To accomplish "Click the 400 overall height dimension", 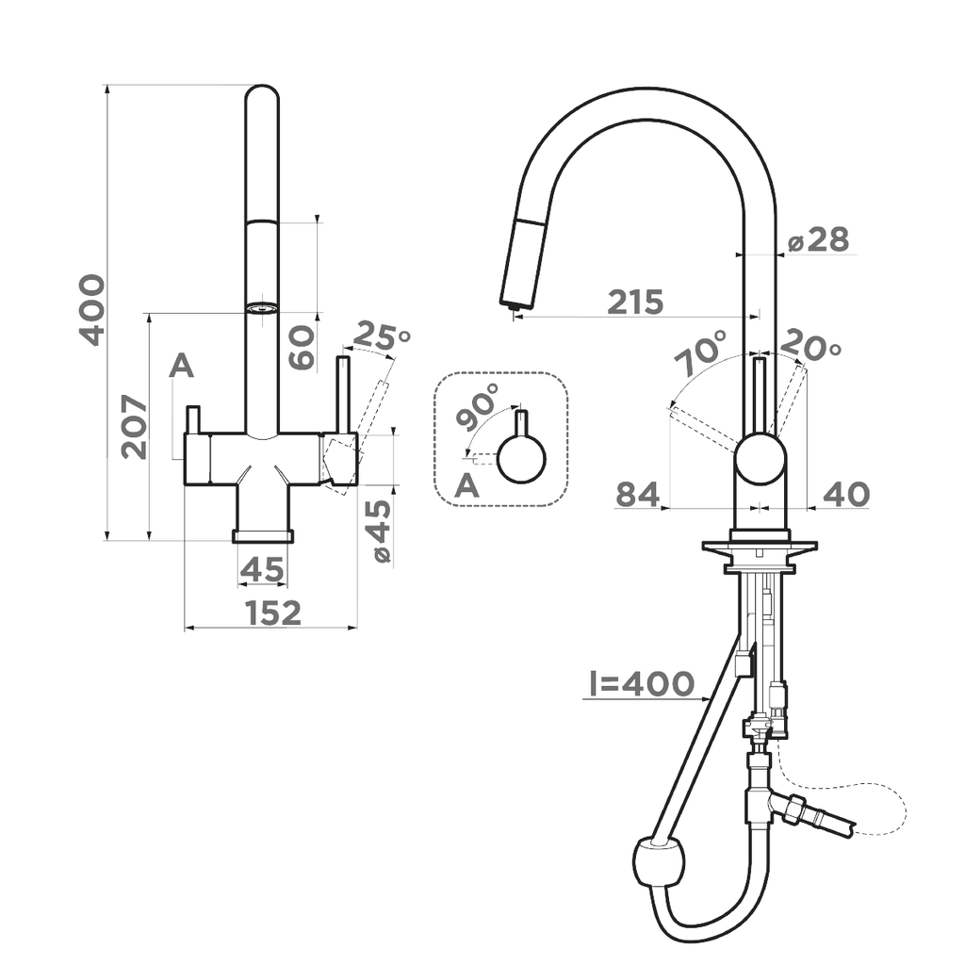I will (x=91, y=309).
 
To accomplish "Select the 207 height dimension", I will (x=135, y=427).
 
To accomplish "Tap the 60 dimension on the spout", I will (x=302, y=347).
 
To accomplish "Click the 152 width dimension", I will (x=273, y=613).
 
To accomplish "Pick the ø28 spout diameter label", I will (x=818, y=240).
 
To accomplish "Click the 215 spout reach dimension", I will (x=635, y=303).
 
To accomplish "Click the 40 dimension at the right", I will (x=845, y=494).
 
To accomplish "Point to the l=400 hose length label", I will (x=639, y=684).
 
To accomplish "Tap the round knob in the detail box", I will (x=521, y=458).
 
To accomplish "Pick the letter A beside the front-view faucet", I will (x=181, y=366).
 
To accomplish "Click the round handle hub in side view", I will (x=760, y=459).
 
